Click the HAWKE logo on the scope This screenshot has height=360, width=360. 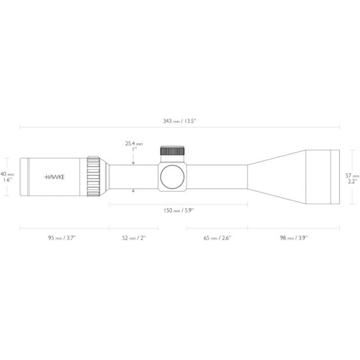pos(55,176)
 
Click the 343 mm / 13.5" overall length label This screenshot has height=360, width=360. pos(179,121)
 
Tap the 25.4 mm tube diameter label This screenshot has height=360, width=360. pos(134,143)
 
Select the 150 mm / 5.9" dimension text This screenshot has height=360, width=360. pos(178,210)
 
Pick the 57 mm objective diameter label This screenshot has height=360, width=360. pos(352,175)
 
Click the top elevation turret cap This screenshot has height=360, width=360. pos(172,150)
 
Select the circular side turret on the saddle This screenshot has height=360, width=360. pos(172,176)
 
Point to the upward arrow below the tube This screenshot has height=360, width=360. pos(134,191)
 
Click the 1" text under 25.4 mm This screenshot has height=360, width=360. pos(134,149)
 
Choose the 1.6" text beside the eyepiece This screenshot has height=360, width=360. pos(6,180)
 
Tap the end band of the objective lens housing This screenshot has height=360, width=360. pos(335,176)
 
